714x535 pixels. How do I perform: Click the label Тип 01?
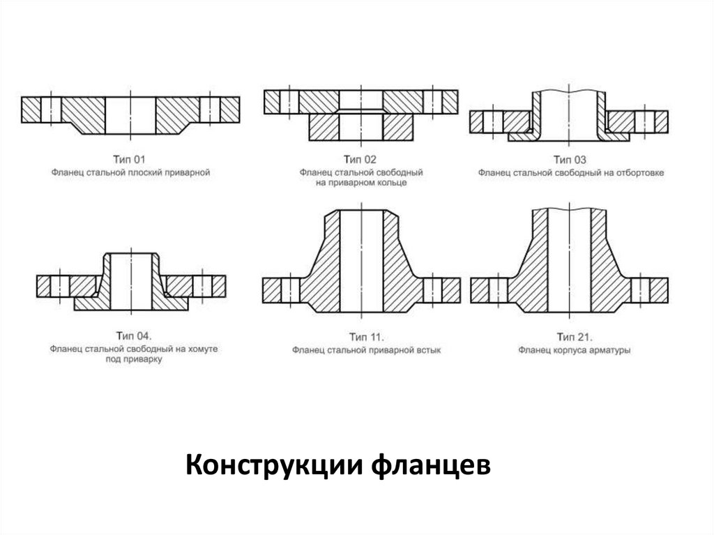click(x=130, y=158)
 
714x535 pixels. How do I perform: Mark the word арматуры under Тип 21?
click(x=608, y=349)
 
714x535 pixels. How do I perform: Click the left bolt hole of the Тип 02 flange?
click(x=289, y=102)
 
